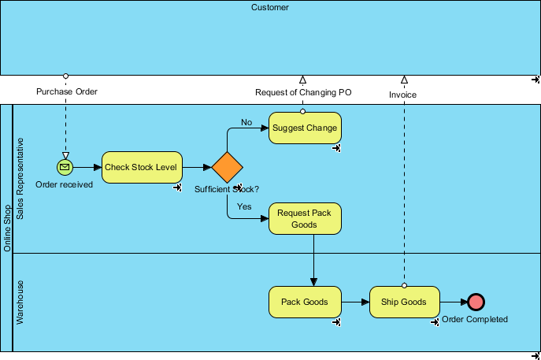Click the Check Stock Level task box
[142, 167]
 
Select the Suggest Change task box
[305, 128]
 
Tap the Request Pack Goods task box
[305, 218]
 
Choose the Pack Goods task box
[305, 302]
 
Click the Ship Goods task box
[404, 302]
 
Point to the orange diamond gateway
[227, 168]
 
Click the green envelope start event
[65, 167]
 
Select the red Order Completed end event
[475, 302]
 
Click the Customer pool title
[270, 8]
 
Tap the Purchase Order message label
[67, 92]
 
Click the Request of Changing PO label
[303, 92]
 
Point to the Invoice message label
[402, 95]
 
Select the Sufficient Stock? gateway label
[227, 189]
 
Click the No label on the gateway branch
[246, 122]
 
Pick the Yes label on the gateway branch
[244, 206]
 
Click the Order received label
[65, 184]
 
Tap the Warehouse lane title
[21, 302]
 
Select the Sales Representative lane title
[21, 179]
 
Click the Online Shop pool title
[7, 228]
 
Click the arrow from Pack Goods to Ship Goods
[355, 302]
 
